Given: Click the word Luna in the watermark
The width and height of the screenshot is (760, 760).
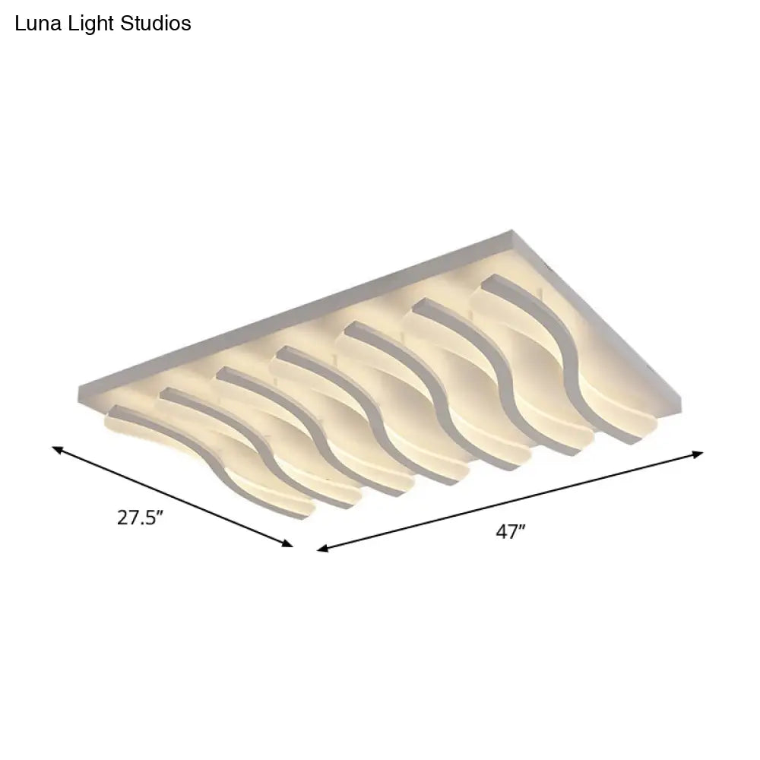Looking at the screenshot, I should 36,24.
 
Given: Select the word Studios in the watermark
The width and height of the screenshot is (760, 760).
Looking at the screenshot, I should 156,24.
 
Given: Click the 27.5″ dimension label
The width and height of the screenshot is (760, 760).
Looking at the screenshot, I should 141,518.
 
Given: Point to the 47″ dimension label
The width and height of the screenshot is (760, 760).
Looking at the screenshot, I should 511,532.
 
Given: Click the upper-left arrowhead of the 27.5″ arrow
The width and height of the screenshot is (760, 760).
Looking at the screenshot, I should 55,449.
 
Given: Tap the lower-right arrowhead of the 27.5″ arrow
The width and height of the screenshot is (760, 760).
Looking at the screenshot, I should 289,544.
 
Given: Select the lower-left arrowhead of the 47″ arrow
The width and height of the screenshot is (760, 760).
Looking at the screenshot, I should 321,548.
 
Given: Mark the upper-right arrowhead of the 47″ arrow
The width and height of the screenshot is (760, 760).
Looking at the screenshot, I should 699,454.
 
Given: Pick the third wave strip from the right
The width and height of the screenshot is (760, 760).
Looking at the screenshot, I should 441,399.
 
